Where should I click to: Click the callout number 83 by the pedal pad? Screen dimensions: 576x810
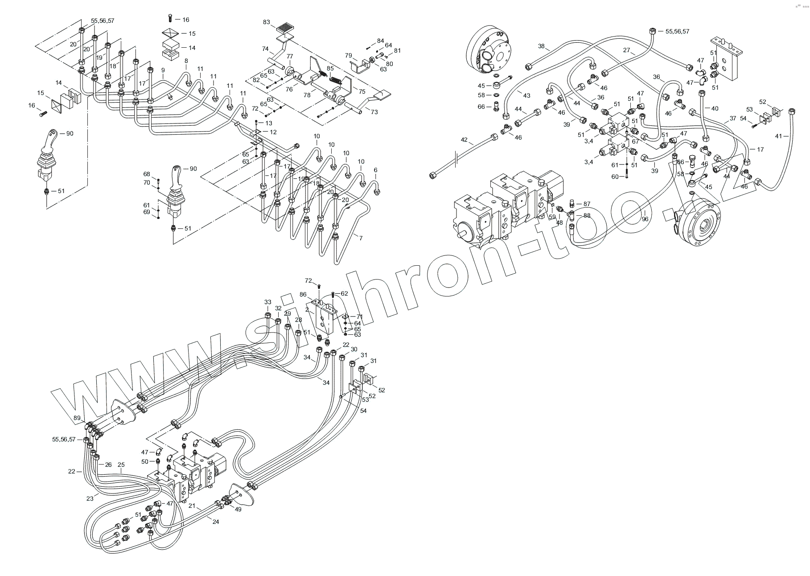click(x=267, y=22)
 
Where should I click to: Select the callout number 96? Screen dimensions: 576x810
click(x=645, y=219)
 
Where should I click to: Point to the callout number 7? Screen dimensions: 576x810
click(x=361, y=238)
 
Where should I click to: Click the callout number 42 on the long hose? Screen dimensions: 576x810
click(x=464, y=140)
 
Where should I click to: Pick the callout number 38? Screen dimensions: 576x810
click(x=541, y=46)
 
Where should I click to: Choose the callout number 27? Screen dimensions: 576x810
click(x=626, y=50)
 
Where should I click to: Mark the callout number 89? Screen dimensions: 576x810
click(x=77, y=418)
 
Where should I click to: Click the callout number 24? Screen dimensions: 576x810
click(x=216, y=522)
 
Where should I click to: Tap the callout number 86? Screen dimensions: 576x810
click(x=303, y=295)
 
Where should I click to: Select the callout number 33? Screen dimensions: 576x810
click(x=267, y=302)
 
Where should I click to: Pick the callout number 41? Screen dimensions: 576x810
click(x=778, y=136)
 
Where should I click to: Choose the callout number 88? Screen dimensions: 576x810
click(x=587, y=216)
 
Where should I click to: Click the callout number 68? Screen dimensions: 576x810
click(x=147, y=174)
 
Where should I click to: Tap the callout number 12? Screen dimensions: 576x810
click(x=273, y=132)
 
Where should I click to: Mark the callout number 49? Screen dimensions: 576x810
click(x=238, y=509)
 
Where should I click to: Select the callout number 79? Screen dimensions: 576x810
click(x=349, y=56)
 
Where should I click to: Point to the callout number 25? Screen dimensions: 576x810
click(x=121, y=465)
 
